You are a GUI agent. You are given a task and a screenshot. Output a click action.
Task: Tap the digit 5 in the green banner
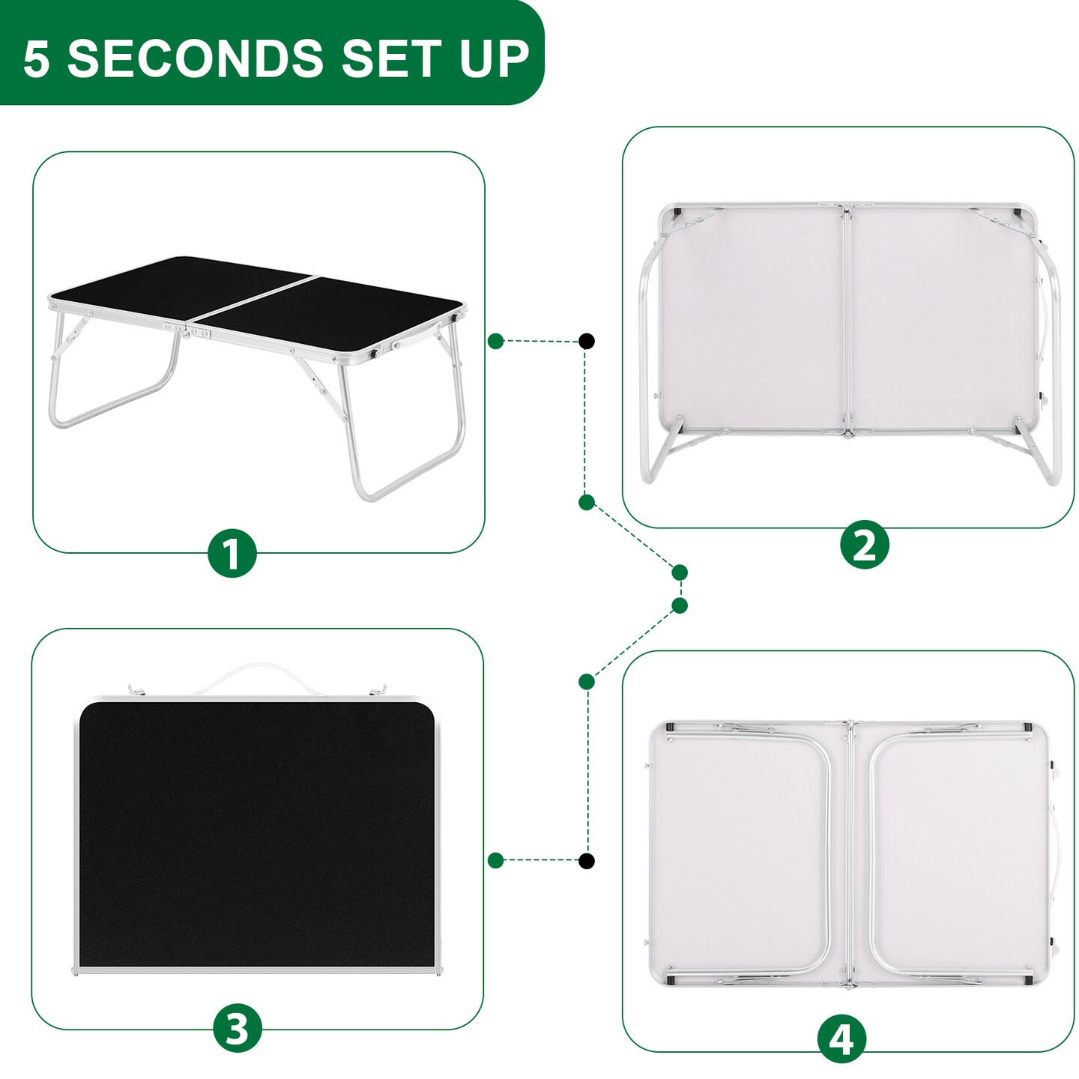(x=36, y=59)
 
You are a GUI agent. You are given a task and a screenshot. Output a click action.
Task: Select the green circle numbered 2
(x=864, y=545)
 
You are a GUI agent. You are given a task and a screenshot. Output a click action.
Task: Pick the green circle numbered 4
(x=841, y=1039)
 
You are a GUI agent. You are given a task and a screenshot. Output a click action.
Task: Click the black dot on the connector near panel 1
(x=587, y=342)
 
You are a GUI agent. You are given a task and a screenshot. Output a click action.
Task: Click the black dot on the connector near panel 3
(x=587, y=860)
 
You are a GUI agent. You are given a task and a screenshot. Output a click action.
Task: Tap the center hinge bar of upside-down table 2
(x=847, y=322)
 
